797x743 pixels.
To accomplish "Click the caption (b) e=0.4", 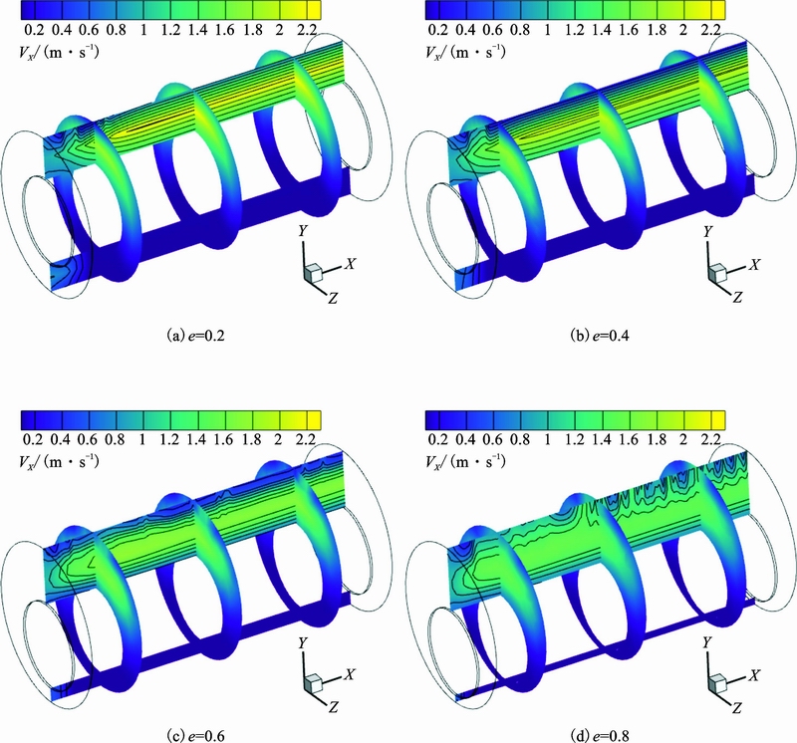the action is pos(600,336).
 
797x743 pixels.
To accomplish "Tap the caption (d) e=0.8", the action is pos(600,735).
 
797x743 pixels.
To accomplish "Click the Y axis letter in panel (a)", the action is pos(303,231).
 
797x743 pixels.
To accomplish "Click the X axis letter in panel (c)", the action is pos(350,674).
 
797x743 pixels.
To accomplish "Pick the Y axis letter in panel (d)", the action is pos(707,642).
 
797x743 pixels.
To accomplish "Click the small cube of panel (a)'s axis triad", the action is pos(313,273).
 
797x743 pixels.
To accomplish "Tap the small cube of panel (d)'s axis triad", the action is pos(717,683).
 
